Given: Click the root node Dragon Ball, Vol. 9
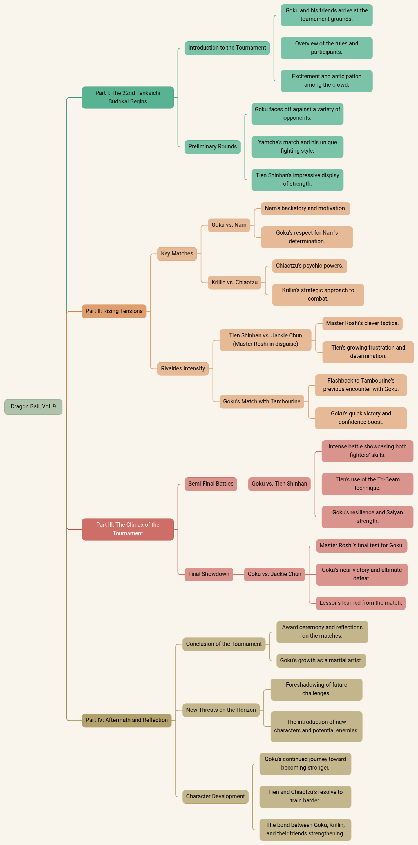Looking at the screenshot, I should tap(33, 407).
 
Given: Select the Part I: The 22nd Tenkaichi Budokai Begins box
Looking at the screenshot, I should tap(128, 97).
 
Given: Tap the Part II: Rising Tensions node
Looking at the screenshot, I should tap(114, 311).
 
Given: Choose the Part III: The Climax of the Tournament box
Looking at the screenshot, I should tap(128, 529).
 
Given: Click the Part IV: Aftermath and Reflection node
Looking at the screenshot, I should tap(127, 720).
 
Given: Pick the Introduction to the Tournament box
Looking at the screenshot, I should tap(227, 48).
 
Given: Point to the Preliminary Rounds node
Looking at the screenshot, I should tap(213, 147).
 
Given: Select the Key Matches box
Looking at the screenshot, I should tap(177, 253).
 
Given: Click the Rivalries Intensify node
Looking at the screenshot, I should tap(183, 369).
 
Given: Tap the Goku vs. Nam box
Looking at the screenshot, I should tap(229, 225).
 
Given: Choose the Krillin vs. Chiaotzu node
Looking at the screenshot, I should tap(234, 283).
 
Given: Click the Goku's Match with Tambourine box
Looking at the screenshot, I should tap(261, 401).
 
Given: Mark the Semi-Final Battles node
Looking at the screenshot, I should tap(211, 484).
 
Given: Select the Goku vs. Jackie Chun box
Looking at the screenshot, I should tap(274, 574).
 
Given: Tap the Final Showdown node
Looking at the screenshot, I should tap(209, 574).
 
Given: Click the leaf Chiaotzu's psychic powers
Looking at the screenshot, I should tap(309, 266).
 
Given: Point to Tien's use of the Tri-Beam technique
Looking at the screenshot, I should tap(367, 484).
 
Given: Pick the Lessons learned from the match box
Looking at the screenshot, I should tap(361, 603).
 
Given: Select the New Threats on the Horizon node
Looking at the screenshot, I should tap(221, 710).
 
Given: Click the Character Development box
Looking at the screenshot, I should tap(215, 797).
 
